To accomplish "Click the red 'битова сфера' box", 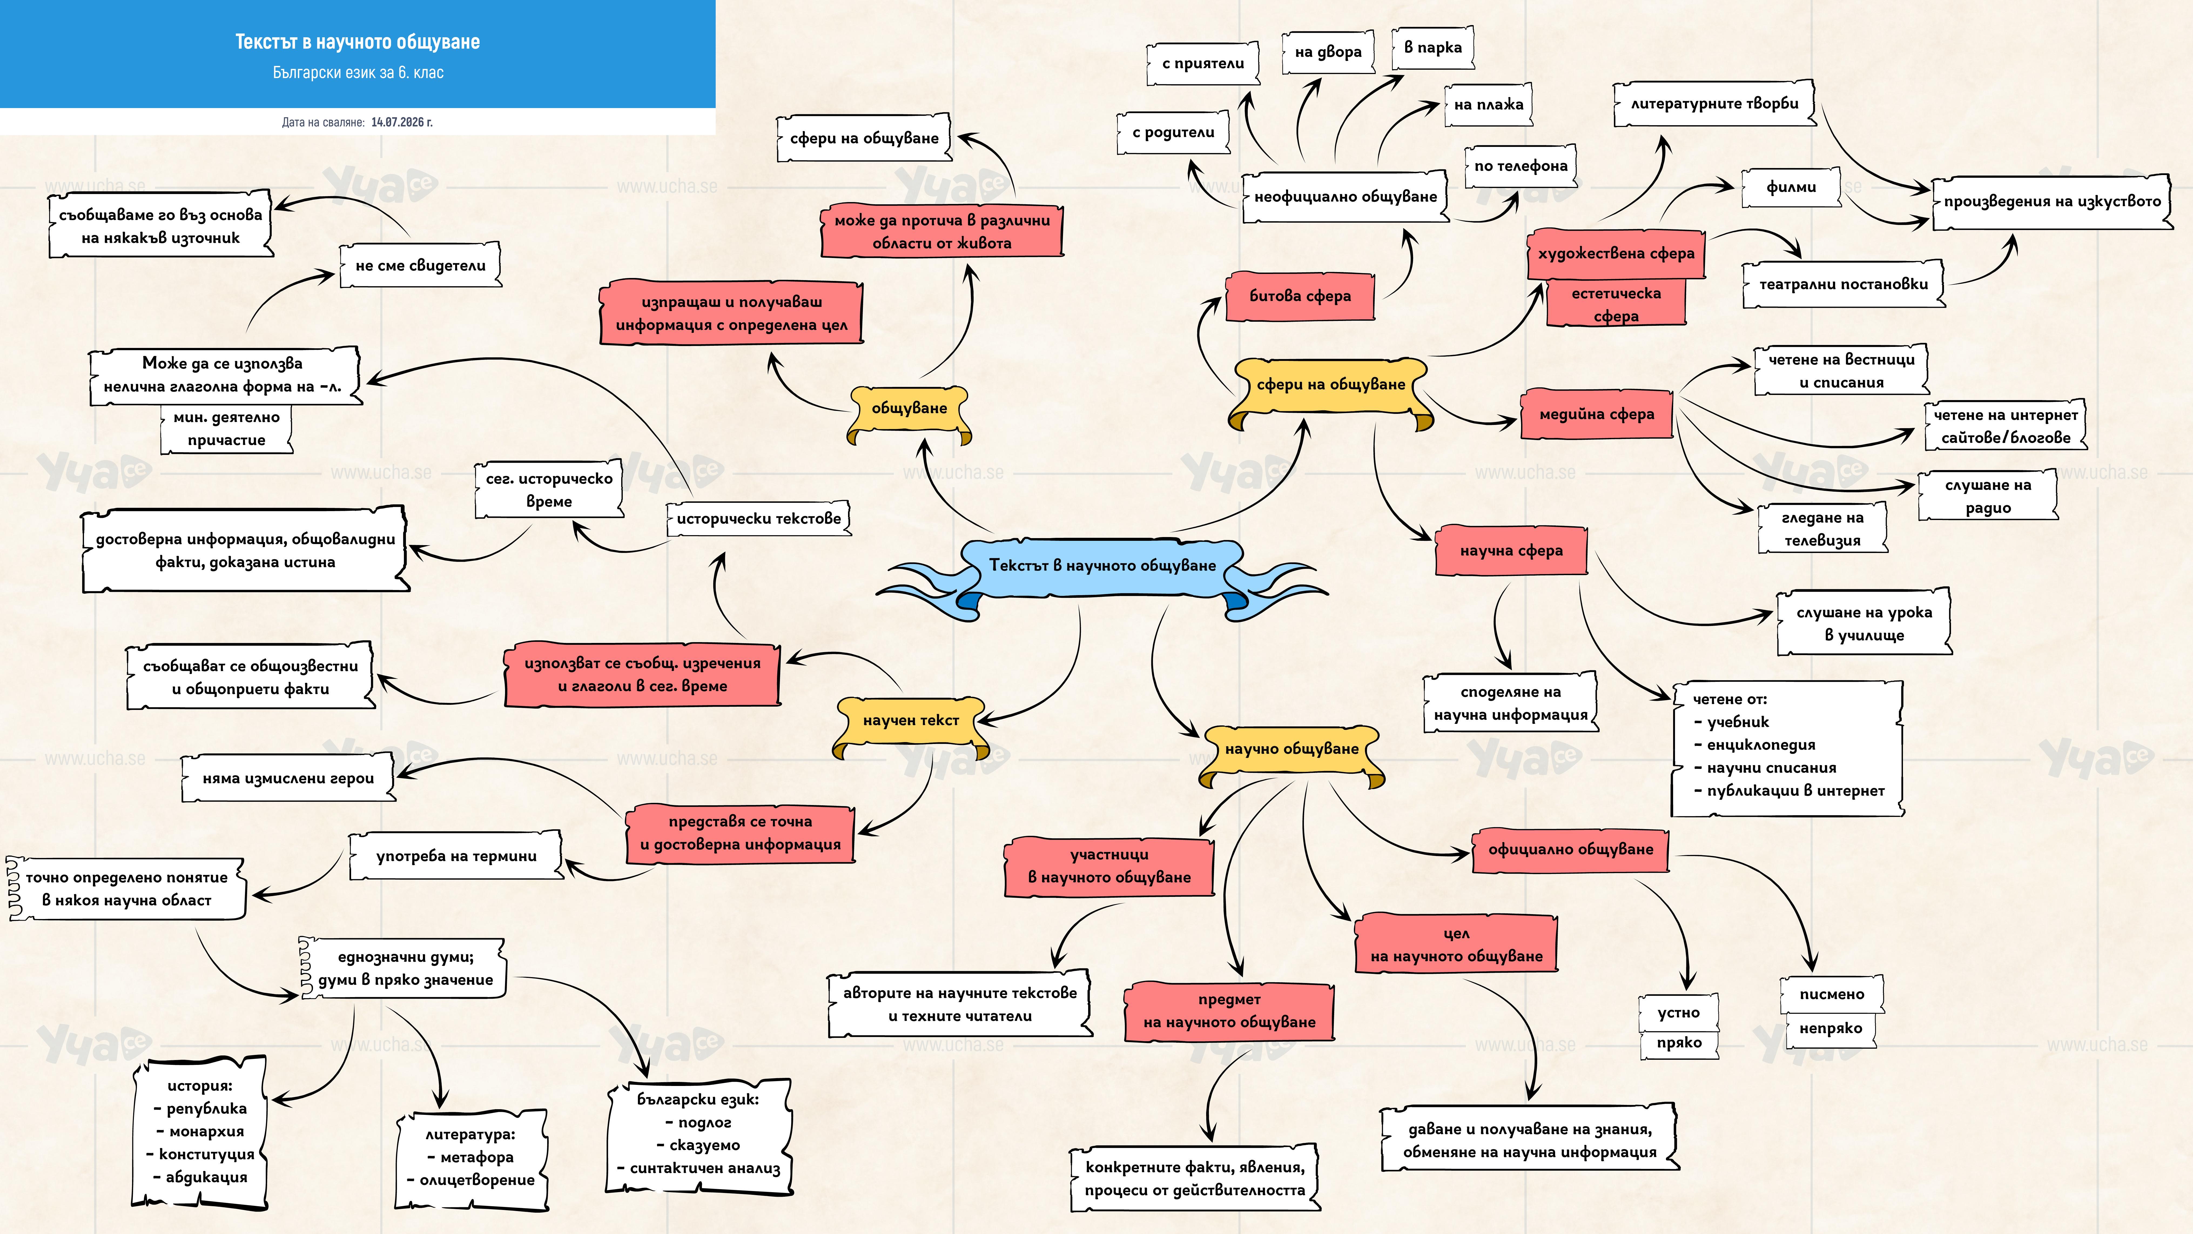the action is [x=1300, y=296].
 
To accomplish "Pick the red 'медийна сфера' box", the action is [x=1597, y=415].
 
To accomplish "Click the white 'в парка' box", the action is [x=1433, y=48].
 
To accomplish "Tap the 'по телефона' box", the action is [x=1521, y=166].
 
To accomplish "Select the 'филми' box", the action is [x=1791, y=187].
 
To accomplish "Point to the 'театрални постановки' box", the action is [x=1843, y=284].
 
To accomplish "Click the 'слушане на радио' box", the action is [x=1988, y=497].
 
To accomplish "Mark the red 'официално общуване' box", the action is [x=1571, y=850].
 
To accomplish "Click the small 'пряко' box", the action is [x=1679, y=1043].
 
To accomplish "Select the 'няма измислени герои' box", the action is [x=289, y=778].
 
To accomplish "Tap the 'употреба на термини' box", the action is [x=456, y=857].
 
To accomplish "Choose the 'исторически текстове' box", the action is [x=759, y=519].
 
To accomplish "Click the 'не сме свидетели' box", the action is [x=421, y=266].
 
